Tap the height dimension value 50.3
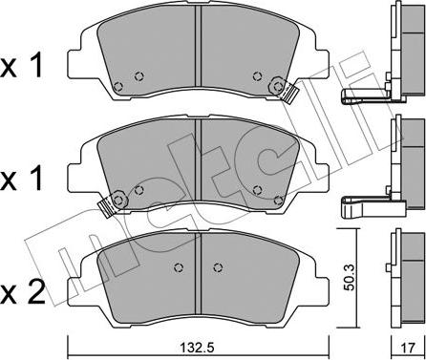(x=350, y=277)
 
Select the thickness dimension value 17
(x=408, y=347)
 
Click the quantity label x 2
(x=22, y=294)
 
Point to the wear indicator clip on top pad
(x=289, y=93)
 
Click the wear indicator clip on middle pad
(x=106, y=206)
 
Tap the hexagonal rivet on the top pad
(x=277, y=86)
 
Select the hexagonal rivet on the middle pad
(x=119, y=201)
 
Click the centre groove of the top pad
(x=198, y=46)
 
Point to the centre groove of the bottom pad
(x=198, y=274)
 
